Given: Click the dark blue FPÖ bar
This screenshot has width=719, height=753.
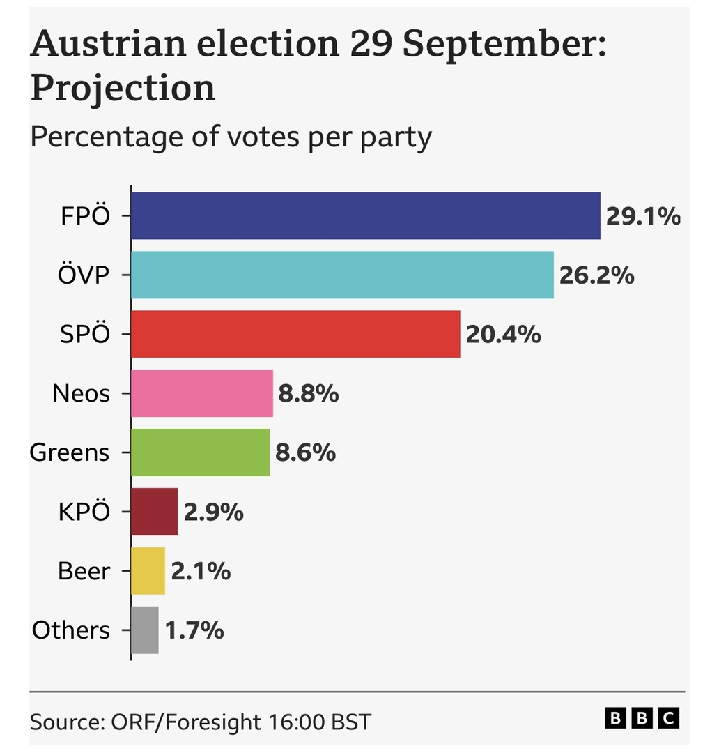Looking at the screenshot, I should [x=366, y=216].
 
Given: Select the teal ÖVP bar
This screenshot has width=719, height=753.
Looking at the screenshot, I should [x=342, y=275].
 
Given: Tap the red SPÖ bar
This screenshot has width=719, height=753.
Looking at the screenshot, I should [x=295, y=335].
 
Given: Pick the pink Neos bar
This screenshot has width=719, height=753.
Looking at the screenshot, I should [x=202, y=394].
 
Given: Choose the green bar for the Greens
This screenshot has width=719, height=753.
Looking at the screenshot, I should [x=201, y=452].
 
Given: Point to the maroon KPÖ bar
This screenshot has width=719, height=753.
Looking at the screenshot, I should [x=155, y=512].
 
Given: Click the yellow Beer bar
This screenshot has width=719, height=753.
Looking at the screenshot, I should [x=148, y=571].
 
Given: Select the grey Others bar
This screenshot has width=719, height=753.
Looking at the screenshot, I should [x=145, y=630].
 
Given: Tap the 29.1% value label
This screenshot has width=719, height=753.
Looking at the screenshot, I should [x=642, y=217].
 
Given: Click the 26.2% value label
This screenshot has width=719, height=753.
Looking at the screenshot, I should [x=596, y=276].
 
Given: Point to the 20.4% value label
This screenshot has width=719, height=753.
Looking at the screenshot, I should [x=503, y=335].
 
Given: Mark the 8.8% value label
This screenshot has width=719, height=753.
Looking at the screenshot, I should [x=309, y=395].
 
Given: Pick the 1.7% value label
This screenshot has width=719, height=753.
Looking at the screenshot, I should [x=194, y=631].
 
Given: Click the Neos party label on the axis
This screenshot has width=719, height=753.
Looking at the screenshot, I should [x=81, y=395].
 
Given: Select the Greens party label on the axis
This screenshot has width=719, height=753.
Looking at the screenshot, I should [x=70, y=453].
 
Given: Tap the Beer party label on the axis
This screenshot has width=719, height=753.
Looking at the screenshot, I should [x=84, y=572].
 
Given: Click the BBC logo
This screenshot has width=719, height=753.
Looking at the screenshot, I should [x=641, y=718].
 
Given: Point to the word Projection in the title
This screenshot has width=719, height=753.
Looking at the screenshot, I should [x=123, y=89].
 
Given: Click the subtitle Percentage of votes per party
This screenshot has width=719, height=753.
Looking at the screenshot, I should [x=231, y=137].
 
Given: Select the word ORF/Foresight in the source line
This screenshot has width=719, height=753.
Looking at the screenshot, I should [x=187, y=721].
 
